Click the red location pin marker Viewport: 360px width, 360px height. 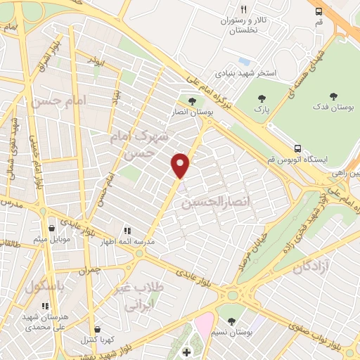click(181, 165)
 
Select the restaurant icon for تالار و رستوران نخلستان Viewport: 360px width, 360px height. click(243, 10)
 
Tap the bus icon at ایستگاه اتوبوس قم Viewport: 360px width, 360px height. click(298, 148)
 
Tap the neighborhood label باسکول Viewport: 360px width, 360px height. click(45, 288)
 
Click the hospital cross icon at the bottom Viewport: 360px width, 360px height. click(186, 352)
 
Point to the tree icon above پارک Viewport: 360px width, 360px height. click(262, 99)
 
